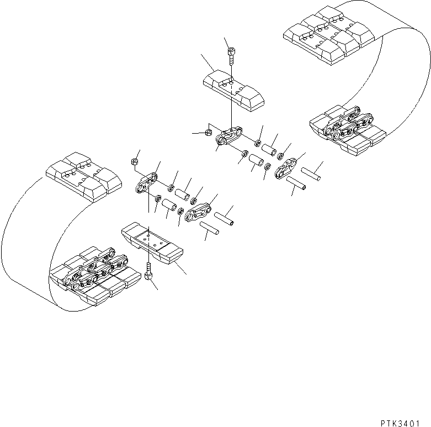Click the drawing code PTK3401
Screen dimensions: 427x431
(405, 421)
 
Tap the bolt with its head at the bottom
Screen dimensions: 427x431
(149, 270)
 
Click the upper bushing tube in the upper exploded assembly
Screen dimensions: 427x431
(269, 150)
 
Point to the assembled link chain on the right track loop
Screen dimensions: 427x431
(345, 128)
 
